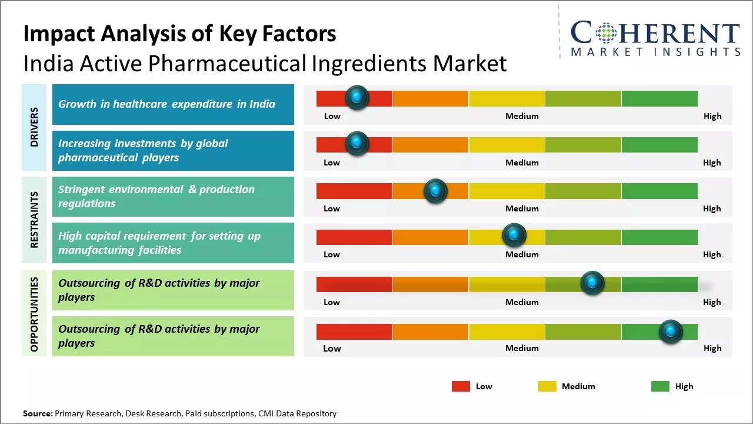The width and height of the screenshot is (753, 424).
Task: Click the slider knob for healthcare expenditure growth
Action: click(x=356, y=97)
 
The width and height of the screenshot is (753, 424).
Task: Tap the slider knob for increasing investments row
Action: click(x=356, y=143)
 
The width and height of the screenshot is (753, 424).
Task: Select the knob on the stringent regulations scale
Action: click(x=435, y=190)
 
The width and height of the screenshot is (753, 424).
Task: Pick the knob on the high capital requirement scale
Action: click(x=514, y=236)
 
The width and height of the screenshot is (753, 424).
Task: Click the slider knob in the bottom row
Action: click(x=671, y=332)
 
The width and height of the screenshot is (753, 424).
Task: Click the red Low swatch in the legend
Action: click(x=461, y=386)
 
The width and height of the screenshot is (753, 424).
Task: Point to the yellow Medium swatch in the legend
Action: click(x=547, y=386)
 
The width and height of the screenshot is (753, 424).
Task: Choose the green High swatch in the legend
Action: click(x=660, y=386)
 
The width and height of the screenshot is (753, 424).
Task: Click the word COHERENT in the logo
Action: click(x=655, y=33)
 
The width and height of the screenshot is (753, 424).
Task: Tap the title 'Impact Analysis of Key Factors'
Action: click(x=179, y=34)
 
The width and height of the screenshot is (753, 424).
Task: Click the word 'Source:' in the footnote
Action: click(x=38, y=413)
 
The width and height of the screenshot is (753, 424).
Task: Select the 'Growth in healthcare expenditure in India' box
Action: click(x=173, y=104)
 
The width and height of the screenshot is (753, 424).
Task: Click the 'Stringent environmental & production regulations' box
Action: click(x=173, y=197)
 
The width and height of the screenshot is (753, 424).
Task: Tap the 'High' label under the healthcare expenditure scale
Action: click(x=712, y=116)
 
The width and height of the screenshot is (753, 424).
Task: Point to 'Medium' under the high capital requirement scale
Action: click(x=522, y=254)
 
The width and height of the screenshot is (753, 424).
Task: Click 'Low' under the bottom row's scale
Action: click(x=332, y=348)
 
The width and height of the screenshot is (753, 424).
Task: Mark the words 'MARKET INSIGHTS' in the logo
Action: click(x=655, y=52)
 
